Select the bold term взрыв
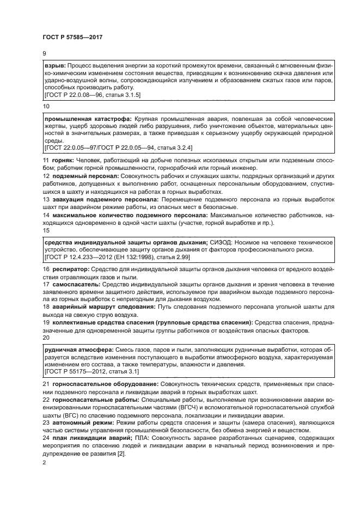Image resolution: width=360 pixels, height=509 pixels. tap(54, 65)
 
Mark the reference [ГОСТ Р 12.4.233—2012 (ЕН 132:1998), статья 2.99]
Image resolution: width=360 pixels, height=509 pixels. tap(116, 256)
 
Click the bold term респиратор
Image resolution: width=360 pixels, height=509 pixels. tap(69, 269)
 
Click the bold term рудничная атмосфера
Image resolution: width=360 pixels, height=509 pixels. tap(78, 349)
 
